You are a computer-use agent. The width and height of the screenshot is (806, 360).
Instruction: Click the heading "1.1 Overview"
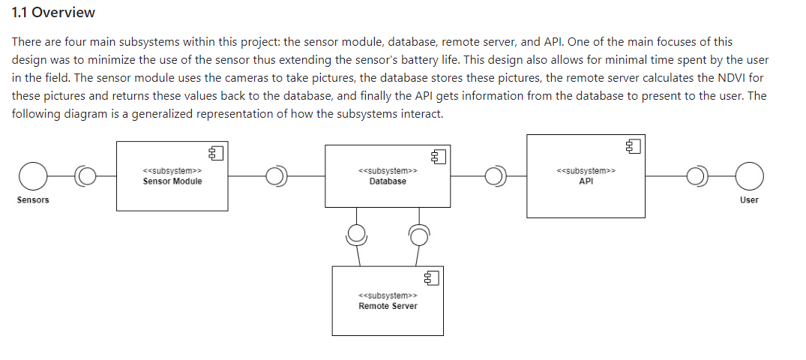tap(53, 13)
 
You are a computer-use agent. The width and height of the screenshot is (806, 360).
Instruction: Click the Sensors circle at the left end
tap(33, 177)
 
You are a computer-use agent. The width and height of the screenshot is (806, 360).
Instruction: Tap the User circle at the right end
tap(749, 177)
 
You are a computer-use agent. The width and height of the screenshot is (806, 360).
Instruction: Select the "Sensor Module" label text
tap(172, 181)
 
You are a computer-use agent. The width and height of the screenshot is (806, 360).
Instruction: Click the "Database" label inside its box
tap(388, 181)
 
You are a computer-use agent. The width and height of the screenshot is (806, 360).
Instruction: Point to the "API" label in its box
tap(586, 181)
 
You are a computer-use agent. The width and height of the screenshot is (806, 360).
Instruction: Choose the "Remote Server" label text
tap(388, 306)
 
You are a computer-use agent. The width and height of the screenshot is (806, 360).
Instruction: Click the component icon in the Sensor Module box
tap(217, 154)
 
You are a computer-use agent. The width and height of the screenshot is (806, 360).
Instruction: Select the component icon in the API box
tap(633, 146)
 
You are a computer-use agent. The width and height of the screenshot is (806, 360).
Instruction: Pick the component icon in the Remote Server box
tap(431, 278)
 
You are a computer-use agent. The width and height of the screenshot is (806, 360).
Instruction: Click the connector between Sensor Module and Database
tap(276, 177)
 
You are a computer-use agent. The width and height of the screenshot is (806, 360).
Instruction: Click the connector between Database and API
tap(495, 177)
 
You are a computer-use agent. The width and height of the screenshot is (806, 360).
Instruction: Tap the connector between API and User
tap(697, 177)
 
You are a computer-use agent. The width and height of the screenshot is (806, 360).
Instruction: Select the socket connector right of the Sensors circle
tap(87, 177)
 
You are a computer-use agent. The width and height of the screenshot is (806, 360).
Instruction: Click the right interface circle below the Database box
tap(418, 235)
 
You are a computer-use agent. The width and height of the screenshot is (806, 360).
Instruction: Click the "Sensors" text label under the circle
tap(33, 200)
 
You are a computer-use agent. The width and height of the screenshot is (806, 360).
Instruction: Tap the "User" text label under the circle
tap(749, 200)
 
